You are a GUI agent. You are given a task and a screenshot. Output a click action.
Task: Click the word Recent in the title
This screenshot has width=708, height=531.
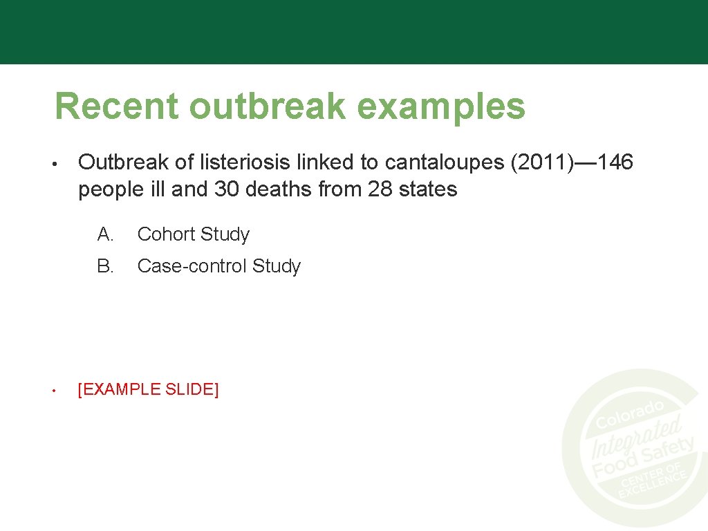pyautogui.click(x=116, y=107)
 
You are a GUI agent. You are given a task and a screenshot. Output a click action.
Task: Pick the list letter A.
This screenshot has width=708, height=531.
pyautogui.click(x=105, y=234)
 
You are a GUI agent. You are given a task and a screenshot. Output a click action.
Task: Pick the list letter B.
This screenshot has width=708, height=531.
pyautogui.click(x=105, y=266)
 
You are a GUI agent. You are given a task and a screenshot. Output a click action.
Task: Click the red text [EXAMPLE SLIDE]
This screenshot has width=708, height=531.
pyautogui.click(x=149, y=389)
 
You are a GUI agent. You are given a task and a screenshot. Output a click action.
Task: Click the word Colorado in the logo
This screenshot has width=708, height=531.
pyautogui.click(x=630, y=414)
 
